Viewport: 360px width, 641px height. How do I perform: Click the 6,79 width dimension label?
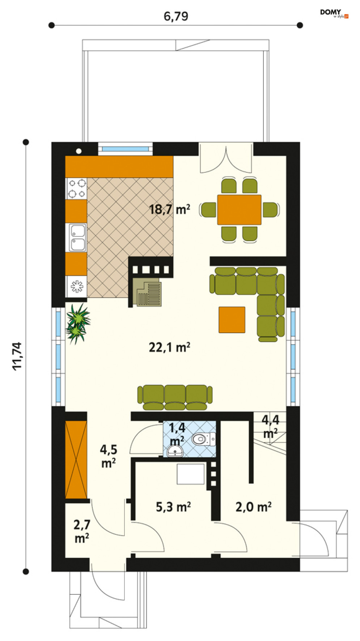(x=176, y=17)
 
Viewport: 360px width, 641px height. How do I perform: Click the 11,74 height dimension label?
(x=17, y=356)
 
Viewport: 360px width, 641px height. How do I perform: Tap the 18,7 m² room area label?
(x=169, y=209)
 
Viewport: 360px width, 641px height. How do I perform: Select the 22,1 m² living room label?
(x=169, y=347)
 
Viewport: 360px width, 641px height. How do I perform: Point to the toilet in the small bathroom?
(x=204, y=439)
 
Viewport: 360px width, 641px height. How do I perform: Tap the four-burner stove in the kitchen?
(x=77, y=188)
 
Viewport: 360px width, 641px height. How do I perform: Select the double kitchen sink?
(x=77, y=237)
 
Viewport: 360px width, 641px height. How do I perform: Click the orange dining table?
(x=239, y=210)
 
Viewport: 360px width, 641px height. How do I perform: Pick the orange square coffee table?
(x=232, y=320)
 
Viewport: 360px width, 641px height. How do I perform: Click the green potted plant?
(x=77, y=323)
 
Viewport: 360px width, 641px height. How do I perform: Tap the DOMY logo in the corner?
(x=334, y=13)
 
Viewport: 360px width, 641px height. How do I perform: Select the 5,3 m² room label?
(x=173, y=507)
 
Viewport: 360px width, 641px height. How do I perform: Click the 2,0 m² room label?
(x=253, y=507)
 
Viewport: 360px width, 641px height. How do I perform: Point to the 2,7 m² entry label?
(x=82, y=531)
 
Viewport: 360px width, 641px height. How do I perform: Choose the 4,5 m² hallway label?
(x=109, y=456)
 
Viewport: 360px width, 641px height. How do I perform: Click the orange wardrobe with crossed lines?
(x=76, y=460)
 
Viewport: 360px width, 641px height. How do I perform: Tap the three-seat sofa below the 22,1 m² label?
(x=175, y=397)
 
